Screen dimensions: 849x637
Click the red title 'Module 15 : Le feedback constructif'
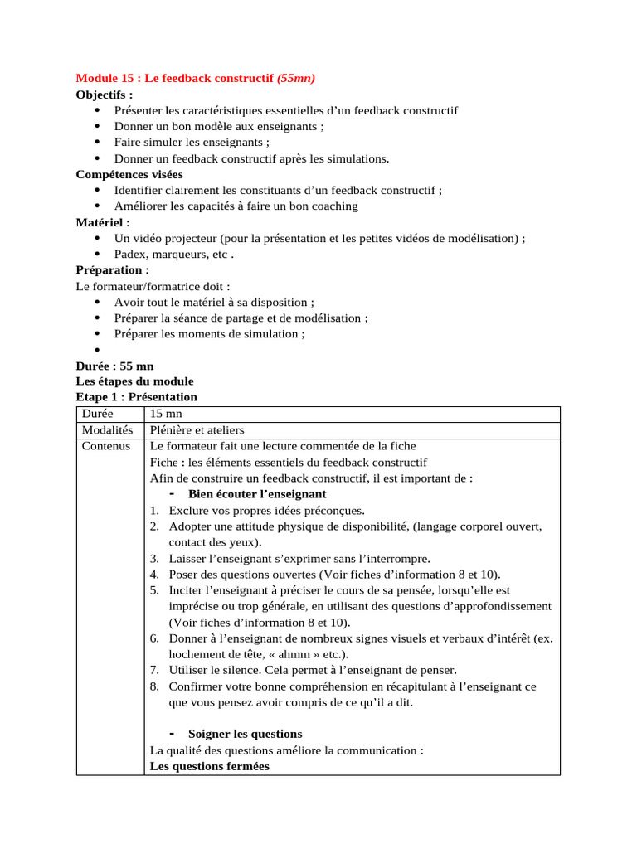tap(174, 79)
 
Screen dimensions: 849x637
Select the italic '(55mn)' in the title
tap(296, 79)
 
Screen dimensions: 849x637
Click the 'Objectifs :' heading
tap(105, 95)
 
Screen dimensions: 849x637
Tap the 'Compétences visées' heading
tap(129, 174)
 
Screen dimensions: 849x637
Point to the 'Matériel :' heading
tap(103, 222)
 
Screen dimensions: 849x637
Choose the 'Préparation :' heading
tap(113, 270)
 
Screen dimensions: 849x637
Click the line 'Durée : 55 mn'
tap(114, 366)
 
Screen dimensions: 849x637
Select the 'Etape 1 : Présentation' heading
tap(136, 397)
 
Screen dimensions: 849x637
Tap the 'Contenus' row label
tap(106, 446)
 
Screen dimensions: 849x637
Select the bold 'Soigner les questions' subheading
tap(245, 734)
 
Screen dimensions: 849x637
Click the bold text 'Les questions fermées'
tap(209, 766)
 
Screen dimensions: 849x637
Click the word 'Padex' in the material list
tap(130, 255)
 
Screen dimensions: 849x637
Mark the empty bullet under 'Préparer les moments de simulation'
tap(97, 351)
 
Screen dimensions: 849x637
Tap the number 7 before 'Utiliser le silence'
tap(154, 670)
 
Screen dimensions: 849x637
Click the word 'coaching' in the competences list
tap(333, 206)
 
